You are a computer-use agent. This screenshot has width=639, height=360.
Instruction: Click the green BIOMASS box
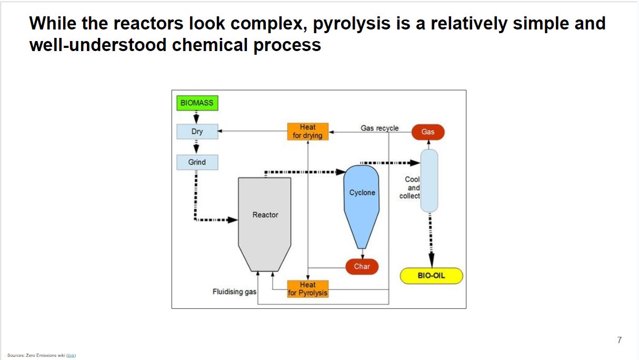click(x=197, y=103)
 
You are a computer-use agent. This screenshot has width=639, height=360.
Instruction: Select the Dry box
click(x=197, y=132)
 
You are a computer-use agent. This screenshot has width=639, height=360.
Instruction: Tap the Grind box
click(x=197, y=162)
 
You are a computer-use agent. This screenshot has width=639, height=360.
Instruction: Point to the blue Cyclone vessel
click(x=362, y=200)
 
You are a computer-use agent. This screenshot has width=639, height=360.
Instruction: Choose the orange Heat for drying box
click(x=307, y=132)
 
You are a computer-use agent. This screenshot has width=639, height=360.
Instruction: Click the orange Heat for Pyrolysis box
click(x=307, y=289)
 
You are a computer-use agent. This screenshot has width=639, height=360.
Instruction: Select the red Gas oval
click(x=427, y=132)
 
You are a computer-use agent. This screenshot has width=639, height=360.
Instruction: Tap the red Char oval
click(x=362, y=266)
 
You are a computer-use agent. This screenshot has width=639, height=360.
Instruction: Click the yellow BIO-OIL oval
click(x=431, y=276)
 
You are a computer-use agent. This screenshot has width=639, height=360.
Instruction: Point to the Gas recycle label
click(x=380, y=128)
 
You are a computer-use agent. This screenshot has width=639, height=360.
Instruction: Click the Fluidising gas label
click(x=234, y=292)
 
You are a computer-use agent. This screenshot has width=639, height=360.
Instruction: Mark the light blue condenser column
click(x=429, y=181)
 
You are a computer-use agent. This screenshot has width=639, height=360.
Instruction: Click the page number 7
click(x=620, y=340)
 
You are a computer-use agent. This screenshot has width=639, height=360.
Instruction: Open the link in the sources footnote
click(x=71, y=355)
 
